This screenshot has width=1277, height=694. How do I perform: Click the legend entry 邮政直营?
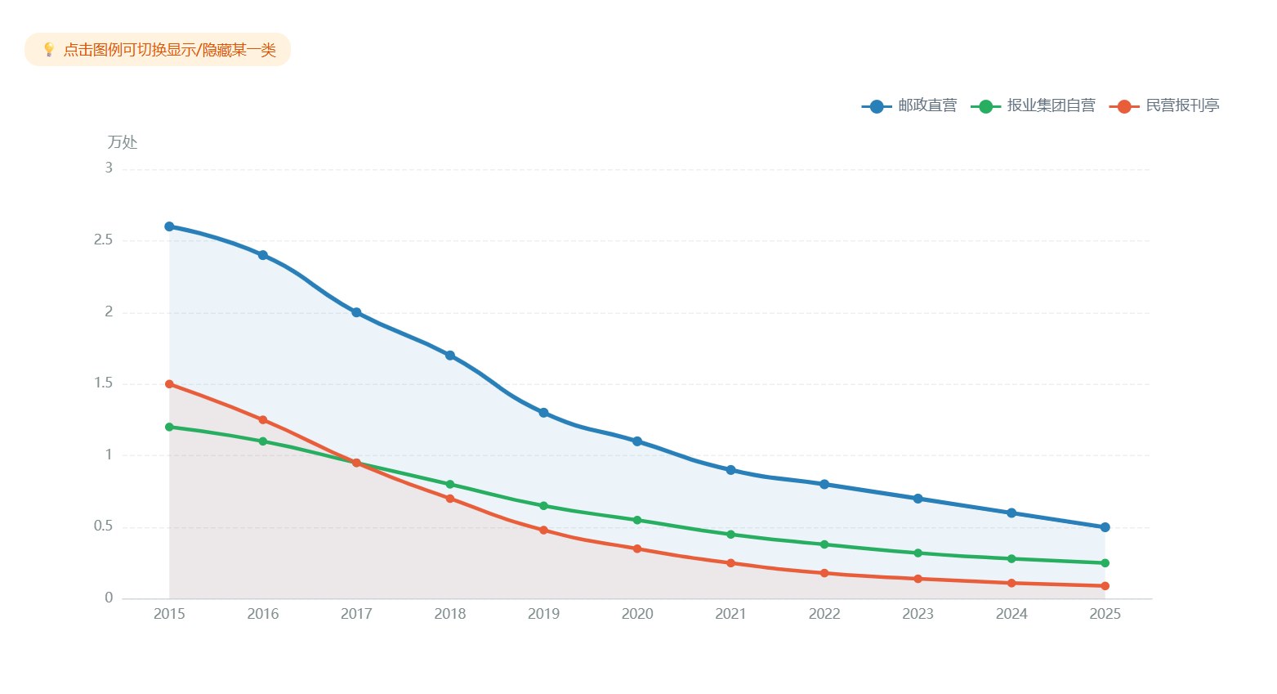pyautogui.click(x=909, y=105)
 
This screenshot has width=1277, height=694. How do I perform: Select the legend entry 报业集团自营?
pyautogui.click(x=1033, y=105)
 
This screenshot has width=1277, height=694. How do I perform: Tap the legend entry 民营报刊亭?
pyautogui.click(x=1164, y=105)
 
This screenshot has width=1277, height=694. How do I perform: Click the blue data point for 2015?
pyautogui.click(x=169, y=226)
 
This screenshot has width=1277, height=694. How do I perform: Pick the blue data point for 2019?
pyautogui.click(x=544, y=412)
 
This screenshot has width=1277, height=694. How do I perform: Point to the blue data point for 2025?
pyautogui.click(x=1105, y=527)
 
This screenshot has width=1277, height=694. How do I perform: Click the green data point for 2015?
pyautogui.click(x=169, y=427)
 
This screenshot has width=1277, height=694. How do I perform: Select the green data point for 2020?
pyautogui.click(x=637, y=520)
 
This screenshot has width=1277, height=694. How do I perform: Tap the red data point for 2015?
pyautogui.click(x=169, y=383)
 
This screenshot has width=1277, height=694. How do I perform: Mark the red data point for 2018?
pyautogui.click(x=450, y=499)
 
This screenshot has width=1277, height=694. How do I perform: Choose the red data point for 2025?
pyautogui.click(x=1105, y=585)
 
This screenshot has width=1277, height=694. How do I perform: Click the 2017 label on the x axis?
pyautogui.click(x=356, y=614)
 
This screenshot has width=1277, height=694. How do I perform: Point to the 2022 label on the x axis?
pyautogui.click(x=824, y=614)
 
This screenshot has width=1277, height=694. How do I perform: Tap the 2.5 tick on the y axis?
pyautogui.click(x=103, y=240)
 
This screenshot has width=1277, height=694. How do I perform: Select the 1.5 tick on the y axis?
pyautogui.click(x=103, y=383)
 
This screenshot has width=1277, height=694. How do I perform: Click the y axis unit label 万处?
pyautogui.click(x=123, y=142)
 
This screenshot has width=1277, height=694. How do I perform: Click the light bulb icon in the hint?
pyautogui.click(x=49, y=50)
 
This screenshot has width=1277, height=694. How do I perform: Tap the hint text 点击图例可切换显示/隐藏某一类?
pyautogui.click(x=170, y=50)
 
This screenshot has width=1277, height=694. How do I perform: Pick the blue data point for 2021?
pyautogui.click(x=731, y=470)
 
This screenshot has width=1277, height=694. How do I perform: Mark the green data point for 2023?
pyautogui.click(x=918, y=553)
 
